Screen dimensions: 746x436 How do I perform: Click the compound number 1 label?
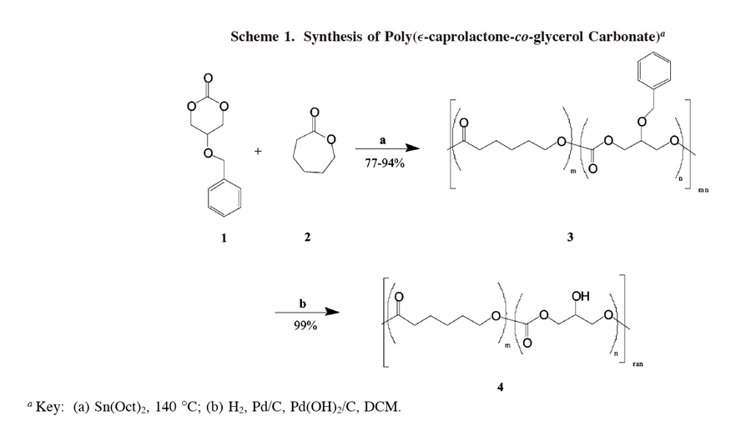pos(223,238)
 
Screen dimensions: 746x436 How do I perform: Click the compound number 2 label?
pos(307,238)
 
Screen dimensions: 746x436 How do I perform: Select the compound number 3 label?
pos(569,238)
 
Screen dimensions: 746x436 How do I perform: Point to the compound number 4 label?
pos(501,386)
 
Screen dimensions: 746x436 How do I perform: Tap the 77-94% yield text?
pos(383,163)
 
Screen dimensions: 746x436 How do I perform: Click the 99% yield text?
pos(304,326)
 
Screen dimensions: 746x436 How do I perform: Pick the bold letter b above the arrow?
pos(303,303)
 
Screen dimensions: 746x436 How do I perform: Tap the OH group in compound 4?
pos(581,296)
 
